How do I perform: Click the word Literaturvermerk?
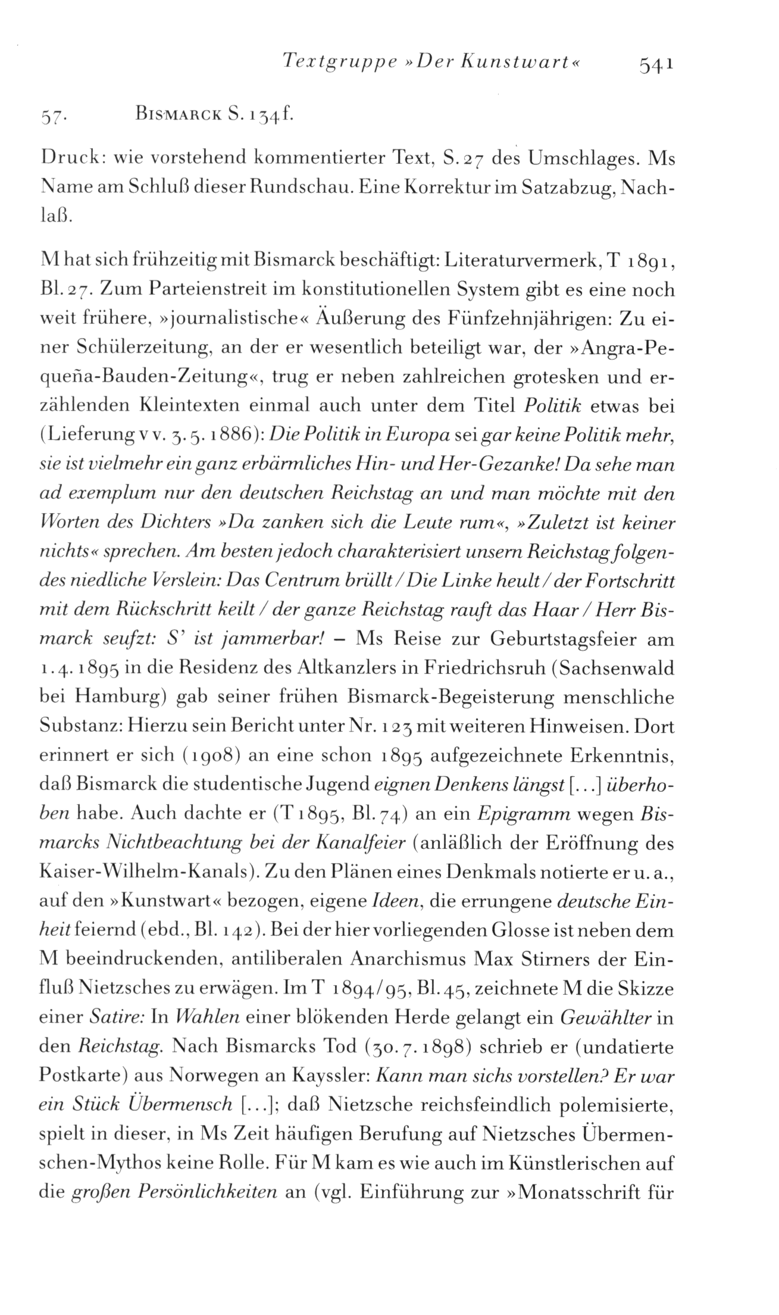[505, 261]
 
